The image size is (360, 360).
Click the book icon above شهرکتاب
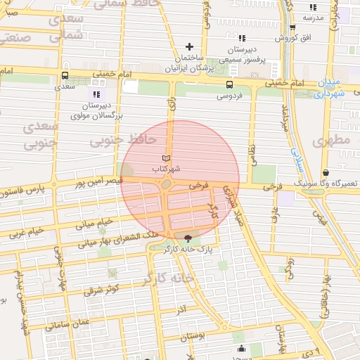167,157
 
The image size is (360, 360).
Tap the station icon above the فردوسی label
228,82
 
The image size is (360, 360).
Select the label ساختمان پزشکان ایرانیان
188,63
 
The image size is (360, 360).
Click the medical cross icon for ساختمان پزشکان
188,46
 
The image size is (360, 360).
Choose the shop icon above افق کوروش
292,28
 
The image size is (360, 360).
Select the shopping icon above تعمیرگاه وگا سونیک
326,172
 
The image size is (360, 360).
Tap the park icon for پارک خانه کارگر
187,238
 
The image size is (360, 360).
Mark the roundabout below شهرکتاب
166,184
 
